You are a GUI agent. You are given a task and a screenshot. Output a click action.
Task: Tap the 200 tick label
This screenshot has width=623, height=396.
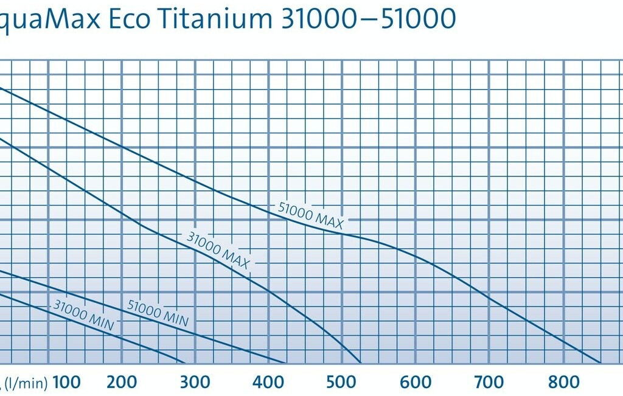point(122,382)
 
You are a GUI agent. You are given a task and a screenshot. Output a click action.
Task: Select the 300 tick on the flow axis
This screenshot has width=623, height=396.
point(195,382)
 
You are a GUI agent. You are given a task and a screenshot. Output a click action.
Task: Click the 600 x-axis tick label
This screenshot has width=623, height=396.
point(416,382)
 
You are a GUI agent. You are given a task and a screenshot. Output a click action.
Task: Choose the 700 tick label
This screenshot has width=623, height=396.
point(489,382)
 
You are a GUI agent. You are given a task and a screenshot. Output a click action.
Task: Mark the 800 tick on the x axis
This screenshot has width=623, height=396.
point(563,382)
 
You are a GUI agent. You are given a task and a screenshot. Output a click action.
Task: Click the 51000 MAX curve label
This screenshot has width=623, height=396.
point(310,216)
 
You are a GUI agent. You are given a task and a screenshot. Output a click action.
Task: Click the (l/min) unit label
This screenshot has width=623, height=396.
point(24,383)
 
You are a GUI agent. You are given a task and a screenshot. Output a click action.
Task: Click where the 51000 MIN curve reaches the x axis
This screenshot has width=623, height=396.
point(284,363)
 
